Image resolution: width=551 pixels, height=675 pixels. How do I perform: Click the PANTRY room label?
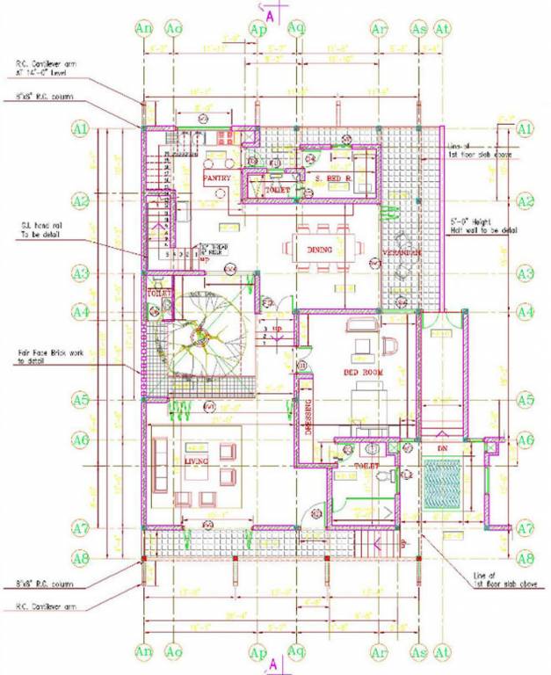(216, 178)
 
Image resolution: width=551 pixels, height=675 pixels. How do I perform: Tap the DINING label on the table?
(320, 250)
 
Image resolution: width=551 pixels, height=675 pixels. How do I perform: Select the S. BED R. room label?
(334, 178)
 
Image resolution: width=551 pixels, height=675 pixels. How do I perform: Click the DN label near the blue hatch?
(441, 449)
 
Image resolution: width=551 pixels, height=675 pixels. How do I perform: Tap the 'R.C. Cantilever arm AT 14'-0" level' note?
(46, 68)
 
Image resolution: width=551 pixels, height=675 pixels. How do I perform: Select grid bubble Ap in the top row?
(258, 29)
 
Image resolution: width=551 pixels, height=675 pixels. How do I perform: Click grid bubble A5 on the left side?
(81, 400)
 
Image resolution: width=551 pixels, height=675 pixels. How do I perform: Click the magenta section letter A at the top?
(272, 16)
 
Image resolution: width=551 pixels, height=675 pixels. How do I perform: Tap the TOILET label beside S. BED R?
(278, 188)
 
